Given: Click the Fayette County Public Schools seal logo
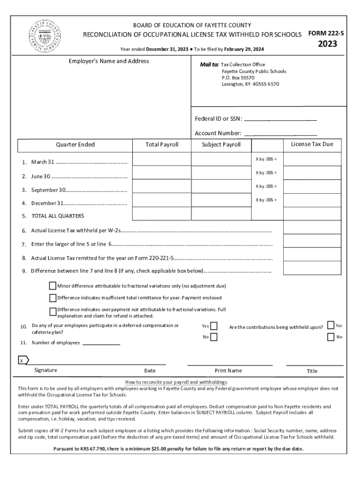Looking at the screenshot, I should (45, 35).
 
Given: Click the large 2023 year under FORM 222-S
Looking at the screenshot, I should (327, 44).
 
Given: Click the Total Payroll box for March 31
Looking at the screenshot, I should (161, 160).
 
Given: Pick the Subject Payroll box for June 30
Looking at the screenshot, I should (221, 173).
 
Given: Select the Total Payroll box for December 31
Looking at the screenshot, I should (161, 200).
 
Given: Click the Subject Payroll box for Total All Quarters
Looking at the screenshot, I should (221, 214).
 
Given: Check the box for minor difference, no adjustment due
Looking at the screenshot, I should (53, 286).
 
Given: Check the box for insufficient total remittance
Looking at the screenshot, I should (53, 298).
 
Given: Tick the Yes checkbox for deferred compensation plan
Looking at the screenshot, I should (214, 326).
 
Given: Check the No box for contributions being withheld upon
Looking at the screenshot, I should (331, 337).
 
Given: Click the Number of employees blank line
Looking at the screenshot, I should (101, 343).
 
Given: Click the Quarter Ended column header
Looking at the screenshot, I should (75, 145).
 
